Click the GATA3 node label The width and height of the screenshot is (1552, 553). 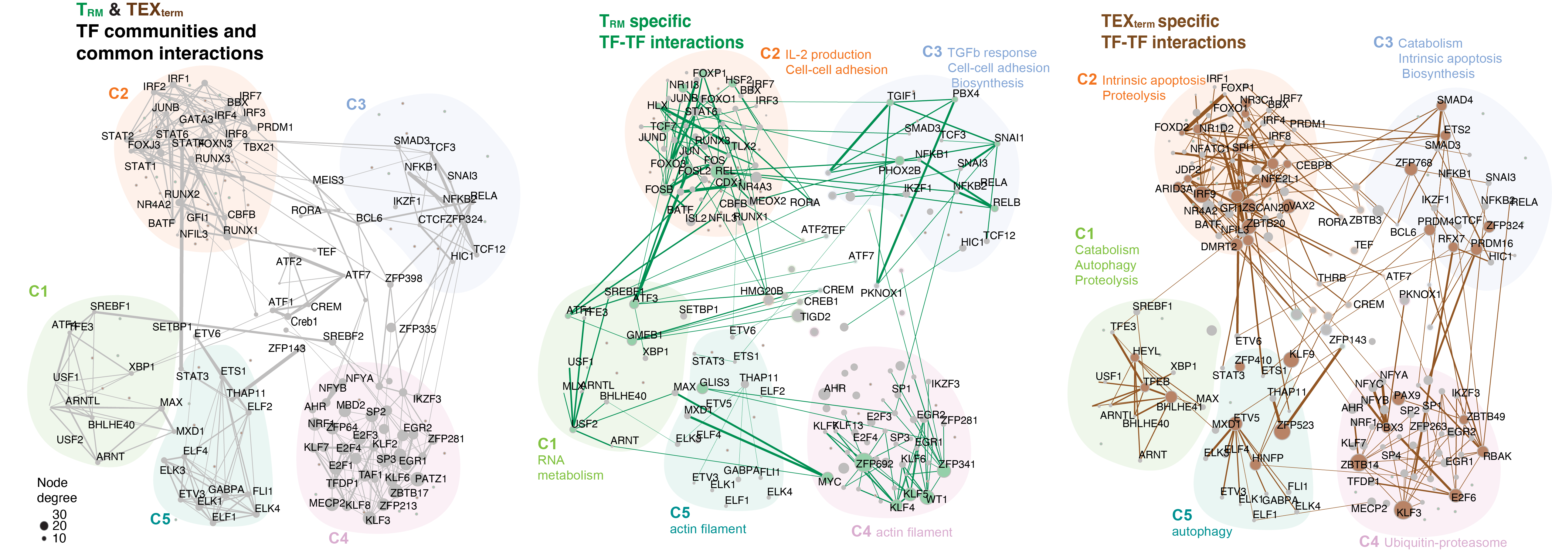click(196, 119)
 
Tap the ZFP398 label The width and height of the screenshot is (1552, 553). click(404, 278)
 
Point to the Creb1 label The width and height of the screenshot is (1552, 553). click(304, 322)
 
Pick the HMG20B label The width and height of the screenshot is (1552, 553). click(762, 291)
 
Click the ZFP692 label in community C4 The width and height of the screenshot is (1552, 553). click(874, 464)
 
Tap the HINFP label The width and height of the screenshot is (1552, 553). click(1268, 458)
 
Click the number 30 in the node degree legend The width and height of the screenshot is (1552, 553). click(59, 514)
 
